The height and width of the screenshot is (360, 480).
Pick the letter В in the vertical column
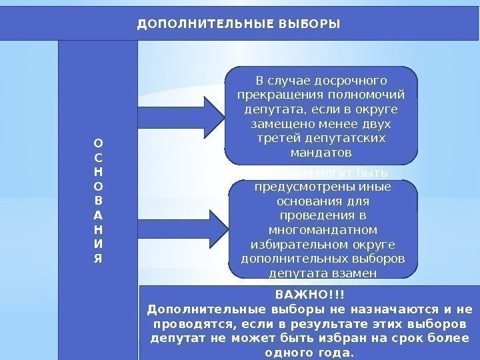coord(98,201)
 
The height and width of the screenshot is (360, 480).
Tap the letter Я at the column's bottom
coord(98,259)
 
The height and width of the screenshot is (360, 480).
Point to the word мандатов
coord(322,153)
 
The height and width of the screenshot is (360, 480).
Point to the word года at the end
coord(337,352)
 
